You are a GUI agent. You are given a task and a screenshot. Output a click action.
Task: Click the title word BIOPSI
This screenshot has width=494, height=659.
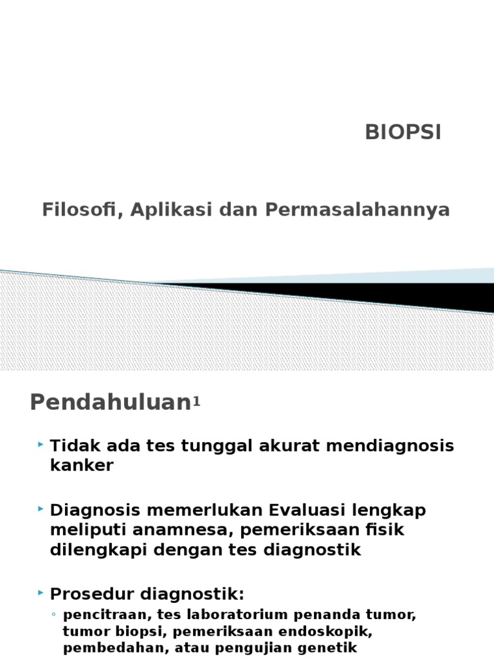403,132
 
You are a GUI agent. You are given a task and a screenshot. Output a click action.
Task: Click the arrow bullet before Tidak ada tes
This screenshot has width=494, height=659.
41,445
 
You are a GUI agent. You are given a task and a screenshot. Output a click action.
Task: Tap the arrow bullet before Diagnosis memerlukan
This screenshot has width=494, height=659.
41,509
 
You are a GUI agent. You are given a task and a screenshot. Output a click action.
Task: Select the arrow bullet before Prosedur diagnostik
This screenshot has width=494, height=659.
41,591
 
